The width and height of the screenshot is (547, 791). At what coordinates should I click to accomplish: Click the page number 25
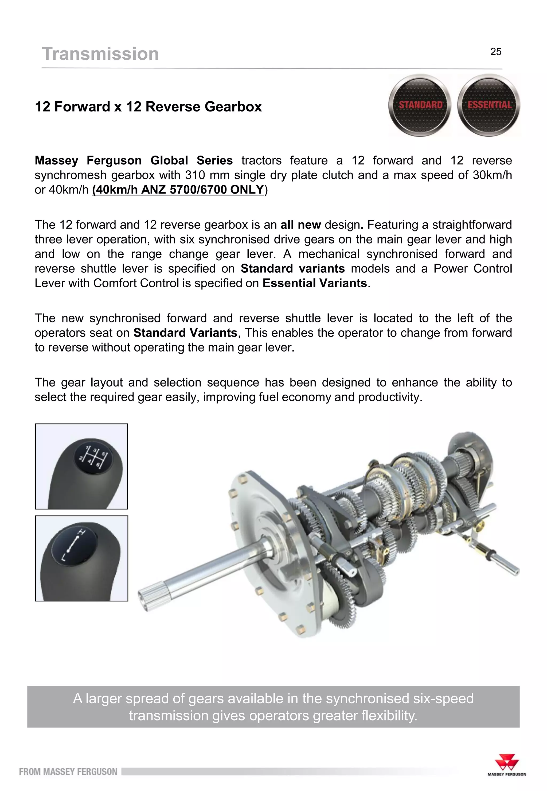496,52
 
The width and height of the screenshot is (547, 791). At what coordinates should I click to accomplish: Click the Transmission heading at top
100,54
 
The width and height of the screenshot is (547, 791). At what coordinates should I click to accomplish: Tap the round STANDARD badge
420,105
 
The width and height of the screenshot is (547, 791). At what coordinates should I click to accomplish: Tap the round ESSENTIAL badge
489,105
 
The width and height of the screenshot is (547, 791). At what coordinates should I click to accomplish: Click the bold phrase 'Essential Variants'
315,283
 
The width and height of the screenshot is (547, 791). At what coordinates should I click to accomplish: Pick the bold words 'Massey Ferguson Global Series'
134,161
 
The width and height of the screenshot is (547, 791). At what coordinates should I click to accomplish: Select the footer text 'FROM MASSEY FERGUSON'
68,771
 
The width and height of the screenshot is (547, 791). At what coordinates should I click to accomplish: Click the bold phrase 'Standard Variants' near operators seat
185,333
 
